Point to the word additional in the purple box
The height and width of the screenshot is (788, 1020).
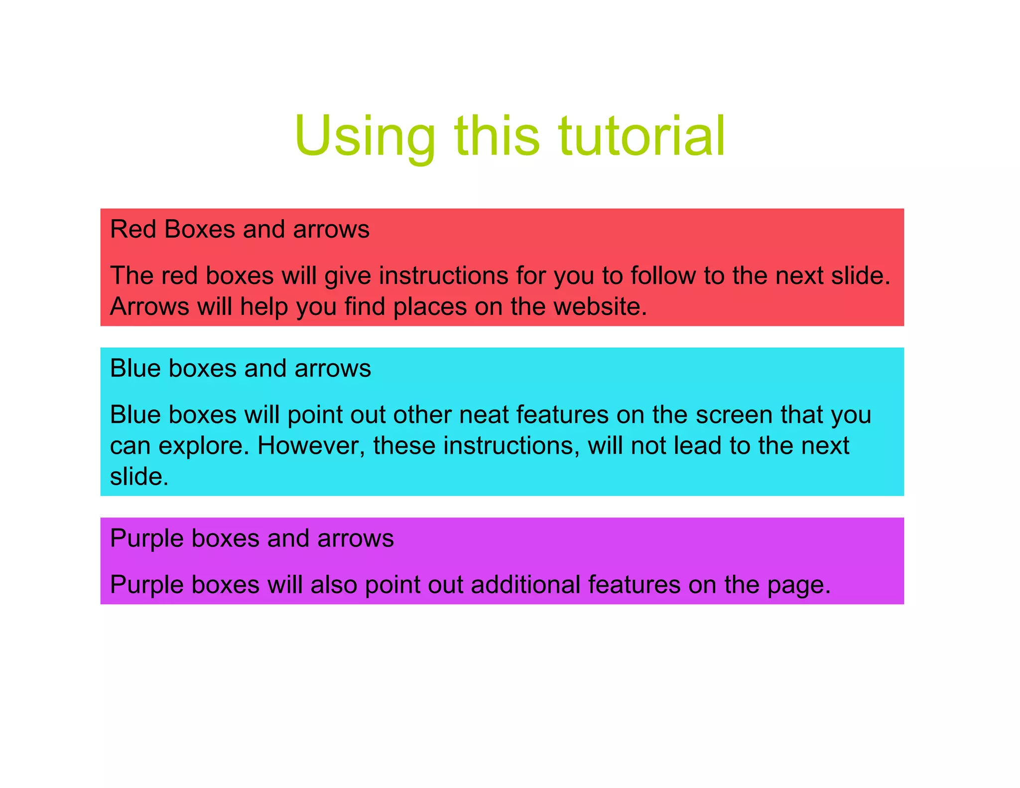525,584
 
